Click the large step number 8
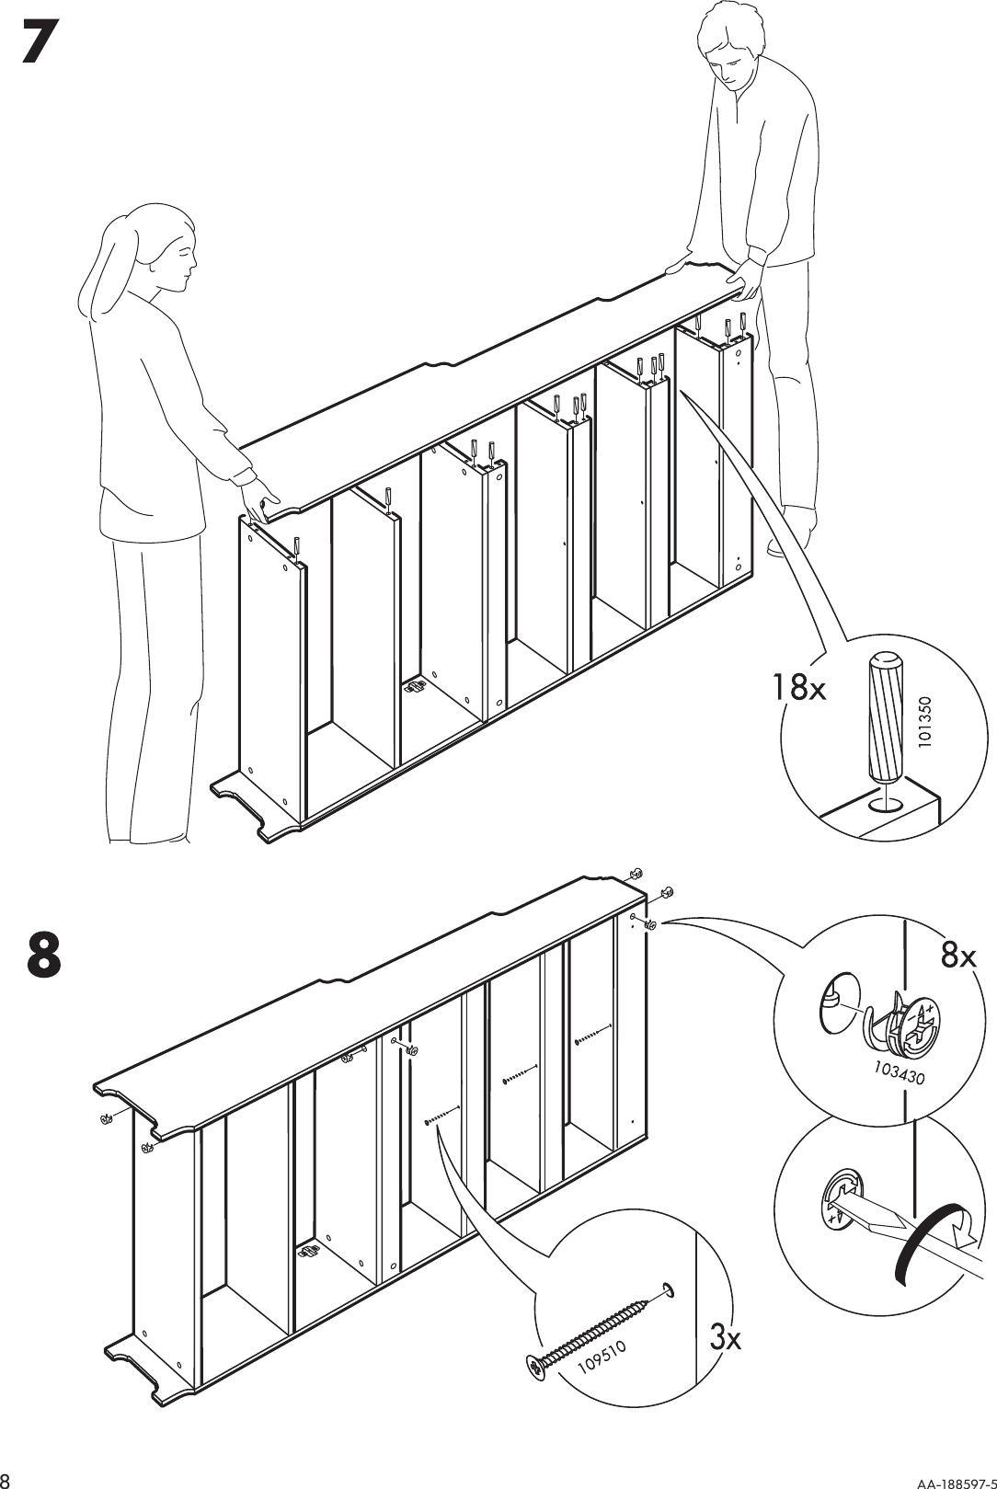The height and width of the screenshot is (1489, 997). pos(44,954)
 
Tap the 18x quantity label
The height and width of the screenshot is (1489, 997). pos(800,687)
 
